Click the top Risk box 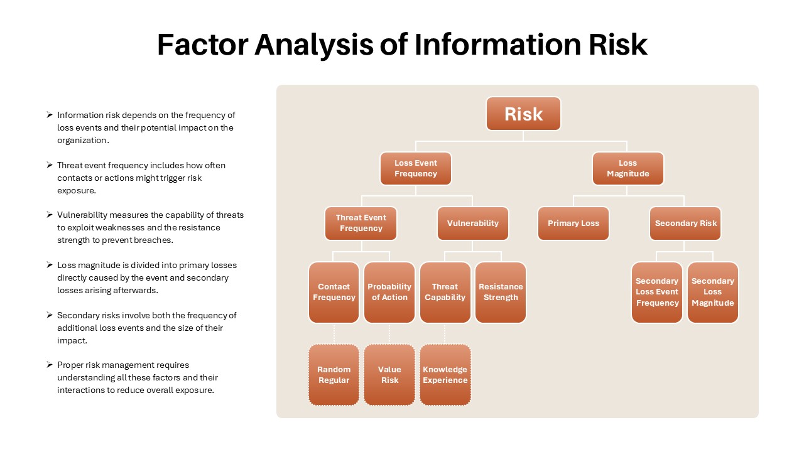tap(523, 114)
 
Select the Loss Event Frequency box tap(416, 168)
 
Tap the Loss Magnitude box tap(627, 168)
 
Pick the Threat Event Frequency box tap(361, 223)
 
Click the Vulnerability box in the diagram tap(473, 223)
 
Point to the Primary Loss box tap(573, 223)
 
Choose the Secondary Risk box tap(685, 223)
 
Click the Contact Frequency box tap(334, 293)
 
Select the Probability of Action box tap(389, 293)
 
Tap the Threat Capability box tap(445, 293)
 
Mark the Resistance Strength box tap(501, 293)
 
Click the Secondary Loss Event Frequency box tap(657, 293)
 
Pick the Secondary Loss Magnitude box tap(713, 293)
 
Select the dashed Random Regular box tap(334, 375)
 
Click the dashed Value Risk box tap(389, 375)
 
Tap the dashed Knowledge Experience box tap(445, 375)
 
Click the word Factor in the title tap(203, 45)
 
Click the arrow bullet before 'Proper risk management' tap(50, 365)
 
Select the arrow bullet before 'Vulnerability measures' tap(50, 215)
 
